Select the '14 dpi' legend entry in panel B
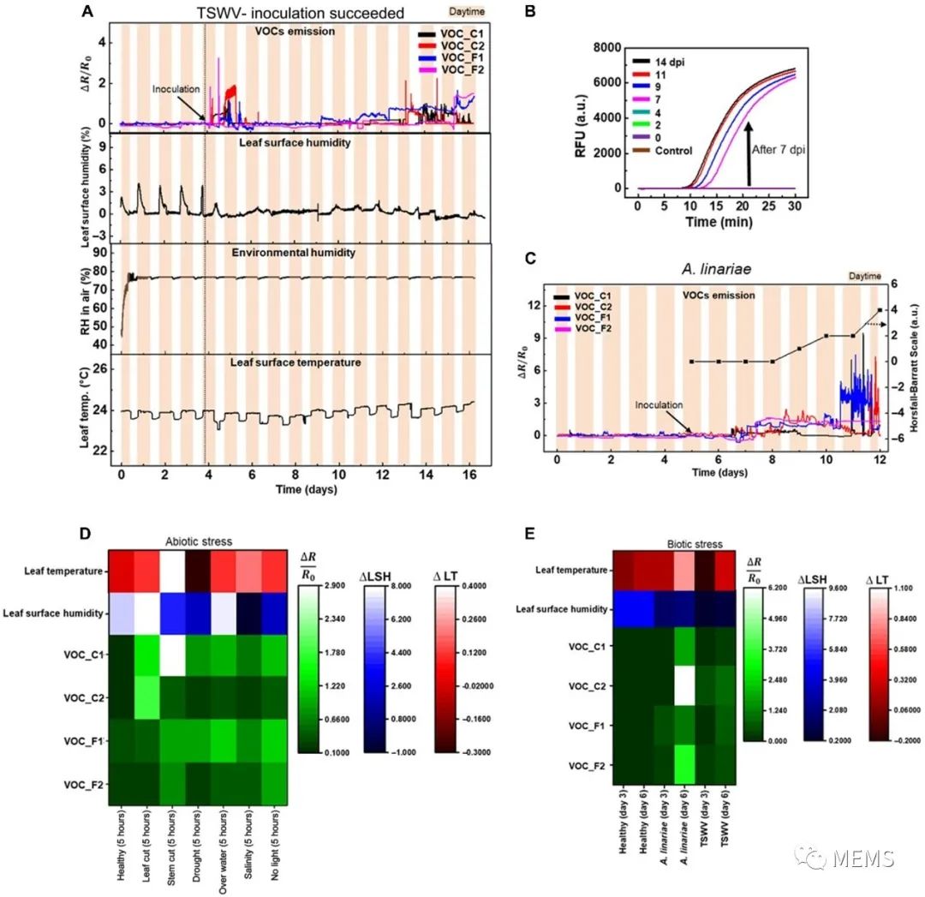(x=671, y=62)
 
